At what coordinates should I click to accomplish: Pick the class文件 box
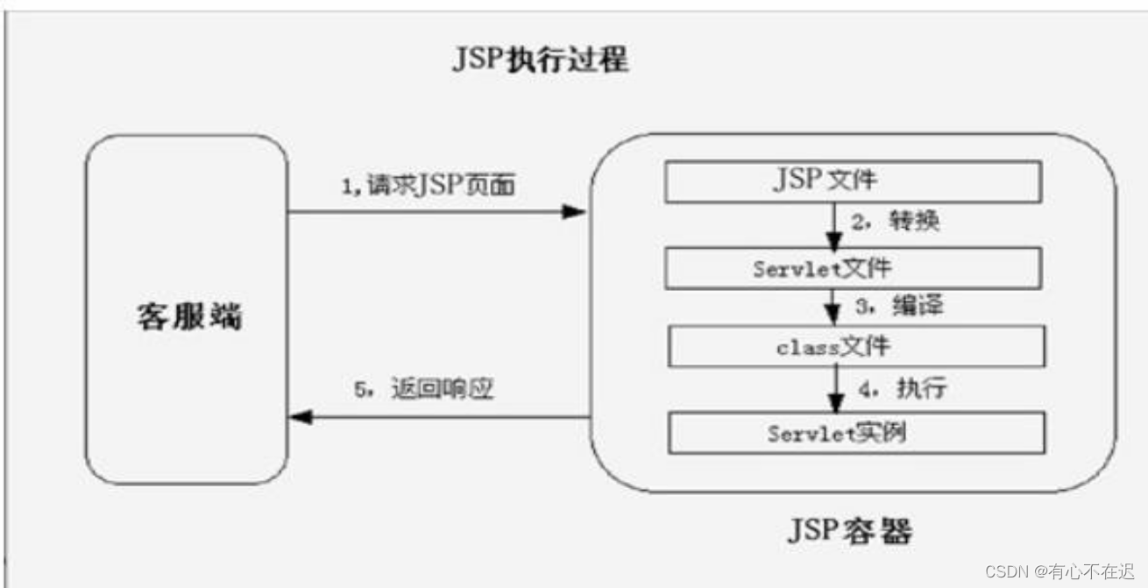point(856,346)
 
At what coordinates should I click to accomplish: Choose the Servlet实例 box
point(856,433)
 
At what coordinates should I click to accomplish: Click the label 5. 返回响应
point(424,389)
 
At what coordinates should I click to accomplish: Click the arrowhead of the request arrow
point(574,211)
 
